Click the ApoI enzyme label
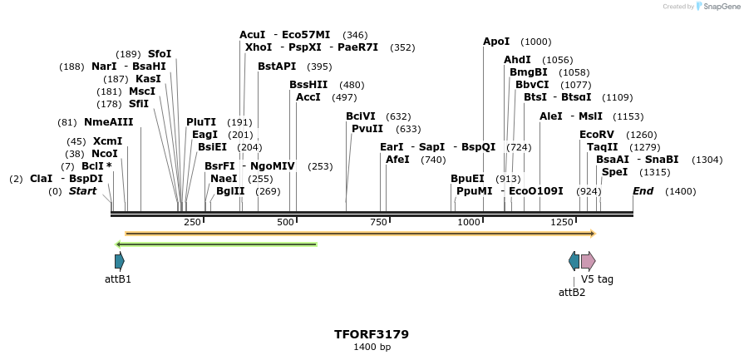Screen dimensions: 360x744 pyautogui.click(x=496, y=42)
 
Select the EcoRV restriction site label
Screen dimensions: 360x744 pyautogui.click(x=596, y=135)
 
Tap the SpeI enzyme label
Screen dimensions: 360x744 pyautogui.click(x=614, y=172)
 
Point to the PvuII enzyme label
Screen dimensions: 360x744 pyautogui.click(x=367, y=129)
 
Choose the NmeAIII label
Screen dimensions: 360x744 pyautogui.click(x=108, y=122)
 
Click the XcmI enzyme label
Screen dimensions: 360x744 pyautogui.click(x=107, y=141)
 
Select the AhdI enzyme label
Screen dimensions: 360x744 pyautogui.click(x=517, y=60)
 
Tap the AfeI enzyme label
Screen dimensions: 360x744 pyautogui.click(x=397, y=160)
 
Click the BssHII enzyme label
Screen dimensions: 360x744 pyautogui.click(x=308, y=85)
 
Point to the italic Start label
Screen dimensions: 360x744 pyautogui.click(x=82, y=191)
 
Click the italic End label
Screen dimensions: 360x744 pyautogui.click(x=643, y=191)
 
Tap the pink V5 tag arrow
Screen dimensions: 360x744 pyautogui.click(x=588, y=261)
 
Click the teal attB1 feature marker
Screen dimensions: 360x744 pyautogui.click(x=120, y=261)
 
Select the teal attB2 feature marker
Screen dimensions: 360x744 pyautogui.click(x=574, y=261)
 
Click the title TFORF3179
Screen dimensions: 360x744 pyautogui.click(x=372, y=334)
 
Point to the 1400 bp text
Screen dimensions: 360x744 pyautogui.click(x=372, y=348)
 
